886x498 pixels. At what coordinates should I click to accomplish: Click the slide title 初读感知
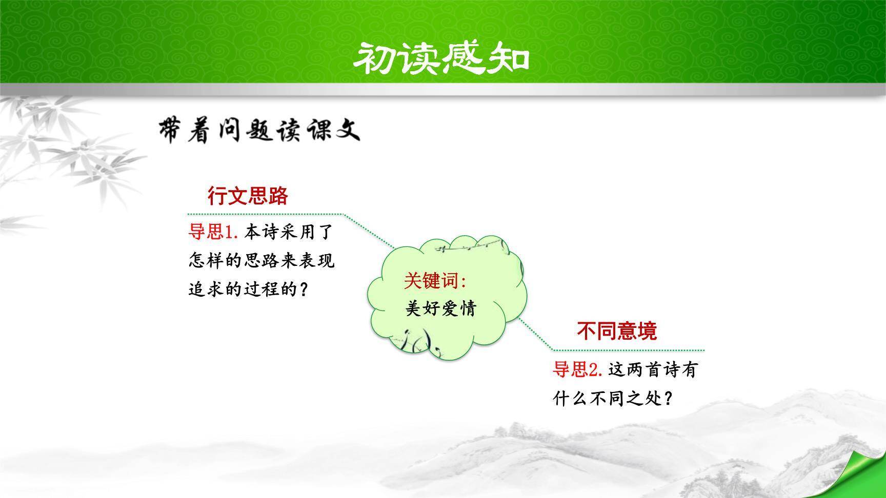(441, 57)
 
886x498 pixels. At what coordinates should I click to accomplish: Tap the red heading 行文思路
(248, 196)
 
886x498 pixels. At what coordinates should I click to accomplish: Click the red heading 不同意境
(617, 331)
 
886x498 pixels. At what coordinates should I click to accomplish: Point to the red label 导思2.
(577, 369)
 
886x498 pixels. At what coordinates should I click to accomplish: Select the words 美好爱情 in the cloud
(441, 308)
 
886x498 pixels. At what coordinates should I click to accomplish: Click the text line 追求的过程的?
(249, 290)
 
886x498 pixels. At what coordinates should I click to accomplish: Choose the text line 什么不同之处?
(613, 398)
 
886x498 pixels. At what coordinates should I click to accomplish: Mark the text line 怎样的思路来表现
(261, 261)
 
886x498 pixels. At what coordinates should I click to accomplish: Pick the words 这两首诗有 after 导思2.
(653, 369)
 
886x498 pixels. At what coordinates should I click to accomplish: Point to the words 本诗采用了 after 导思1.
(289, 232)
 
